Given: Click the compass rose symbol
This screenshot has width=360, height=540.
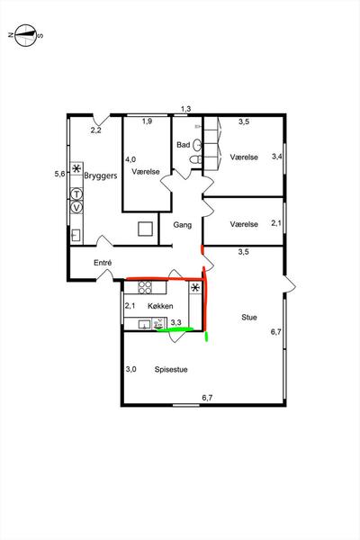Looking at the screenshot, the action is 26,35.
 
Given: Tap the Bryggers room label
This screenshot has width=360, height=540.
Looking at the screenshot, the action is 101,176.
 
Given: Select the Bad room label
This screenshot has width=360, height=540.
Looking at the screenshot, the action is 184,145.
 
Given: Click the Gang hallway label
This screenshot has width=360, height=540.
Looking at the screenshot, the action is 182,225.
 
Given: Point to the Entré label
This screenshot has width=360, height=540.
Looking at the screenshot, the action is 103,263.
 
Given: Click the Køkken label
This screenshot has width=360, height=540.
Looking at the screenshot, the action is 160,306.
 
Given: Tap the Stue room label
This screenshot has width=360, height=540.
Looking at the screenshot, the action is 249,317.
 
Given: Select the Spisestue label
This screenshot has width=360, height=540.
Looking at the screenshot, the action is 171,370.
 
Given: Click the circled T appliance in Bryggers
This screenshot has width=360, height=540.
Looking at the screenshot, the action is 76,194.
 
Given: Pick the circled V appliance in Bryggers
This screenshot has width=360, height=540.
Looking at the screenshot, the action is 76,208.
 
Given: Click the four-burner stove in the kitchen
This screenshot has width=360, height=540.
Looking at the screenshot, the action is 145,288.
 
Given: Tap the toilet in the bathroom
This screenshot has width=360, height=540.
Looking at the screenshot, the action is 195,159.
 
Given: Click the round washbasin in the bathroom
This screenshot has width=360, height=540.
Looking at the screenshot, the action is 197,145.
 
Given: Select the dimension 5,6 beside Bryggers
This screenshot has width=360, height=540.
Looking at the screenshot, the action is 59,174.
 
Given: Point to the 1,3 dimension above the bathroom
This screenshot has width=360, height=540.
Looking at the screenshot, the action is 185,109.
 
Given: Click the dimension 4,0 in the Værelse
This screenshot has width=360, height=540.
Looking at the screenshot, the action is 130,159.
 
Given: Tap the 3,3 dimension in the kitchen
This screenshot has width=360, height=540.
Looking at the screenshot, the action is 176,323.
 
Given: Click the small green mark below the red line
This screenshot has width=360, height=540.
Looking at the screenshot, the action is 206,336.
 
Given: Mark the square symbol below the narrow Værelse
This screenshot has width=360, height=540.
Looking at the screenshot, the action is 146,229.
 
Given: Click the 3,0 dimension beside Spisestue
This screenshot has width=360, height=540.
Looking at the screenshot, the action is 130,369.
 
